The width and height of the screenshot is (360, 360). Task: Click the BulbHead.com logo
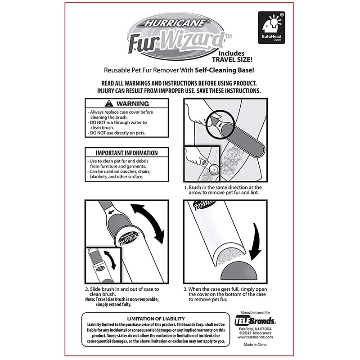coord(271,27)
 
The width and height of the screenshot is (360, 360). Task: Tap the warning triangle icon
coord(109,103)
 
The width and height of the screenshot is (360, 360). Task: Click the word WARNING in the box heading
coord(133,104)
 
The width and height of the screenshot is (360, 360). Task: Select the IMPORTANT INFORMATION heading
coord(126,153)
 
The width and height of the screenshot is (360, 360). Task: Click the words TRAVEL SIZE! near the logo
coord(232,60)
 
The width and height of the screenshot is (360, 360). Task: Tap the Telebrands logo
coord(255,321)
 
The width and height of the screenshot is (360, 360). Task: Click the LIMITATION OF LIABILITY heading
coord(156,319)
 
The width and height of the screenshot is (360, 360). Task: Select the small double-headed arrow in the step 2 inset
coord(110,260)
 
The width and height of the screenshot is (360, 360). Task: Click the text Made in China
coord(255,344)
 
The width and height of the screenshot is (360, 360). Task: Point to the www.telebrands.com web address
coord(255,337)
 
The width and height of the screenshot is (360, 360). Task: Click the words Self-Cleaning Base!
coord(225,70)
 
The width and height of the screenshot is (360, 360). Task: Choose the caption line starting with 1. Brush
coord(223,187)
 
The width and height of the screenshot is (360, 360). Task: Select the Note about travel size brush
coord(121,302)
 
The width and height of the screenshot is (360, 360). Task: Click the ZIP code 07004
coord(265,329)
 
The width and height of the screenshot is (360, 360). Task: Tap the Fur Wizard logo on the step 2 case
coord(129,239)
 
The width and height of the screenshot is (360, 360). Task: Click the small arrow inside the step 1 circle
coord(220,125)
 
